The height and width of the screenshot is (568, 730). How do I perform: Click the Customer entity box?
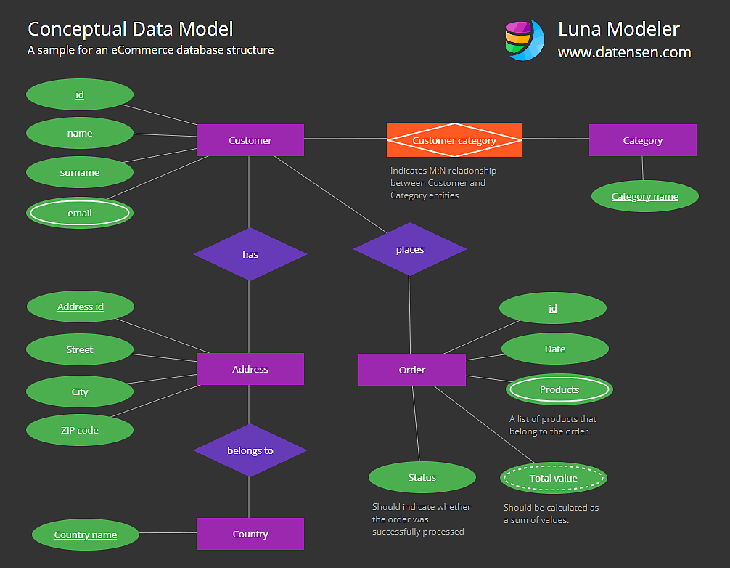tap(250, 140)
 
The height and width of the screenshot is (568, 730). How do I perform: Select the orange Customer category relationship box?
tap(454, 140)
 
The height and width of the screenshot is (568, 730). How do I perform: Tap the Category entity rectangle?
tap(642, 140)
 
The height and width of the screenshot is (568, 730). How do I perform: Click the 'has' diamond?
tap(250, 254)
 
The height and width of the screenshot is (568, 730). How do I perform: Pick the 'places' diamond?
tap(410, 249)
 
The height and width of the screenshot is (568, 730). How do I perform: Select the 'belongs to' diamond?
tap(250, 450)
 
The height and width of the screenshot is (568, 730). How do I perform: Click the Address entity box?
tap(250, 369)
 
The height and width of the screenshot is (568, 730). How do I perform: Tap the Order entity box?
tap(412, 370)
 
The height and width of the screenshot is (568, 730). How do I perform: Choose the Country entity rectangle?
tap(250, 534)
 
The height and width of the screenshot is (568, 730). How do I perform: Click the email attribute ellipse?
tap(80, 213)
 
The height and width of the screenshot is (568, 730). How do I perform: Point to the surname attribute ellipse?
tap(80, 172)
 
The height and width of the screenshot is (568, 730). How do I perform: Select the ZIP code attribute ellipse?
tap(80, 430)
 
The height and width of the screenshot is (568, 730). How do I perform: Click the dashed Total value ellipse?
tap(554, 478)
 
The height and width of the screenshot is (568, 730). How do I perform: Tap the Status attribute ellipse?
tap(422, 477)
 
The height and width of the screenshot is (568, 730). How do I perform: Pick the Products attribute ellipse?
tap(559, 389)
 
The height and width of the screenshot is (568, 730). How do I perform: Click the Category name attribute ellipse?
tap(645, 196)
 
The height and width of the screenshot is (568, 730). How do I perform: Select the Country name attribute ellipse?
tap(86, 535)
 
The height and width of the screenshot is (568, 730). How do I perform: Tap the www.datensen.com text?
tap(624, 52)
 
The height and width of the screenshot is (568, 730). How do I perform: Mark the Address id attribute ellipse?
tap(81, 307)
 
